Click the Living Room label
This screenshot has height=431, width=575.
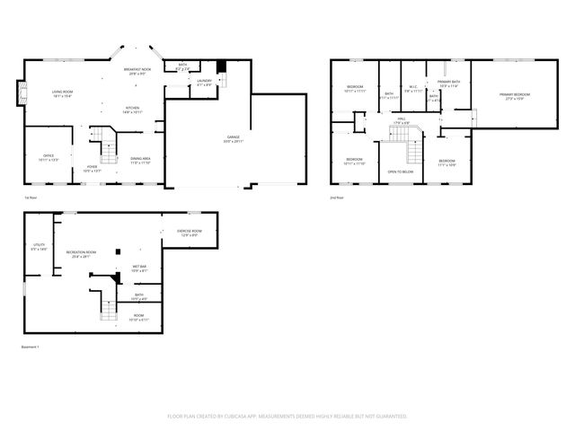point(62,94)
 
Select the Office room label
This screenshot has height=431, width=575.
point(49,157)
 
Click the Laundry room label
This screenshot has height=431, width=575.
point(204,82)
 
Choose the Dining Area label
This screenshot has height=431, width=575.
point(140,160)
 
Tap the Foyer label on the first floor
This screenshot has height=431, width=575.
point(92,168)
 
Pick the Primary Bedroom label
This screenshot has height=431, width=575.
point(515,96)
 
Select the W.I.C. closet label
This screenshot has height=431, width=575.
point(412,90)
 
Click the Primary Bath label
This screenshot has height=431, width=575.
point(448,84)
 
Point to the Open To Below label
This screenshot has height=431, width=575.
point(401,172)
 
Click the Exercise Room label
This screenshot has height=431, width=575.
point(189,233)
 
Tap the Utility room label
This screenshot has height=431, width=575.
point(39,247)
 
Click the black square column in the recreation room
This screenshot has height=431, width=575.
point(117,252)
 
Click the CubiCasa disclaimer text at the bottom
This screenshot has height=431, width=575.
point(287,417)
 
